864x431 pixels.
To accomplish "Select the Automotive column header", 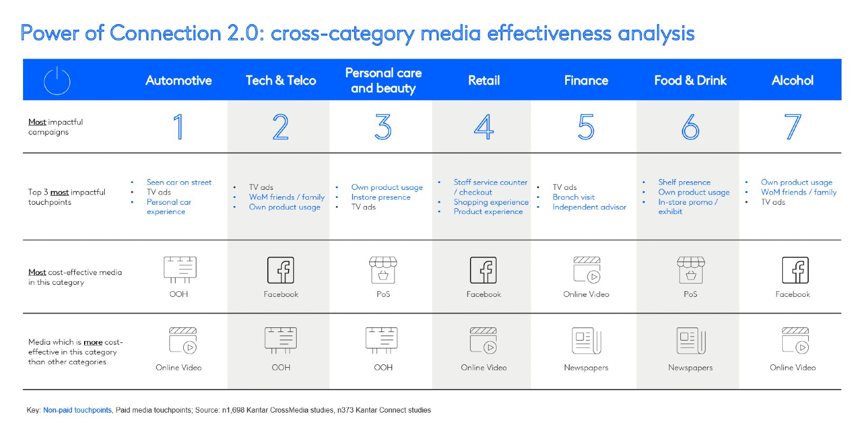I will click(179, 81).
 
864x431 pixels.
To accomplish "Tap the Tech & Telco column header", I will click(281, 81).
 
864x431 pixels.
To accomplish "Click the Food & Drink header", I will click(690, 81).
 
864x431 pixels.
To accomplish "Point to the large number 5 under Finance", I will click(586, 127).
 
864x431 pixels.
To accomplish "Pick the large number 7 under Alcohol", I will click(793, 127).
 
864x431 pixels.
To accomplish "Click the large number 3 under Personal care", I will click(383, 127).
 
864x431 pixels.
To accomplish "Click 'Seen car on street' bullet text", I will click(179, 182).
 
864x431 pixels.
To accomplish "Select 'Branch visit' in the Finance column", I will click(574, 197).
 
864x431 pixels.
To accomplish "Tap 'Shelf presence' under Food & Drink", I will click(684, 182).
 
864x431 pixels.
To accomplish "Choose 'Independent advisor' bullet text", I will click(589, 207).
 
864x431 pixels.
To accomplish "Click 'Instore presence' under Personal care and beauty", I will click(381, 197).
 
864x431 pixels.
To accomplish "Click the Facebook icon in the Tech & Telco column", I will click(281, 270).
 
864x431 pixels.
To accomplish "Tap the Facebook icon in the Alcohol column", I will click(793, 270).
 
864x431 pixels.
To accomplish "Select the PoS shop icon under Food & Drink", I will click(690, 269).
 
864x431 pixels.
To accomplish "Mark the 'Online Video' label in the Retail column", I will click(484, 368).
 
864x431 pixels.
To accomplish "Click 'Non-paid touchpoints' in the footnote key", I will click(77, 410).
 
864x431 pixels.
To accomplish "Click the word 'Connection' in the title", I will click(165, 33).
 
